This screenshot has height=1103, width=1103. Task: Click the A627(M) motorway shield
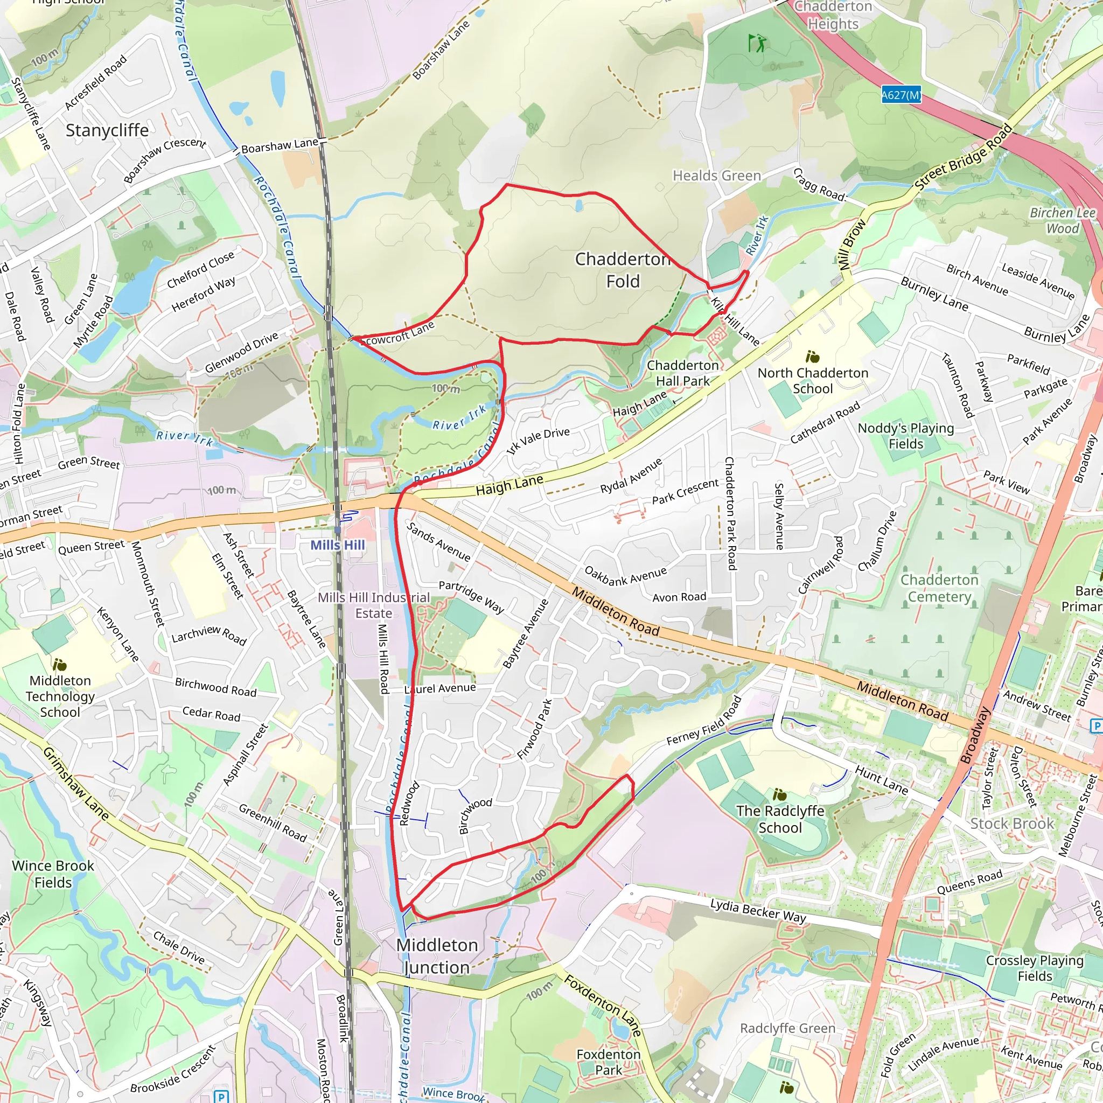[x=901, y=95]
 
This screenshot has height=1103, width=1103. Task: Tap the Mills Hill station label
[x=337, y=545]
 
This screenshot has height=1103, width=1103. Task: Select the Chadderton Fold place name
[x=623, y=270]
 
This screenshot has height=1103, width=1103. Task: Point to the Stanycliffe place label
[x=107, y=130]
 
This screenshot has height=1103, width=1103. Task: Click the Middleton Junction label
[x=437, y=957]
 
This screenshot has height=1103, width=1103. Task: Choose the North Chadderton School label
[x=812, y=381]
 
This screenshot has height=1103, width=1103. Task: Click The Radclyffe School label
[x=780, y=819]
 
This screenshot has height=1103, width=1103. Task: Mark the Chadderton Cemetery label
[x=939, y=588]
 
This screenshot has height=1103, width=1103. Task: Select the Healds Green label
[x=716, y=176]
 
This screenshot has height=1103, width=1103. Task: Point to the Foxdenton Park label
[x=609, y=1063]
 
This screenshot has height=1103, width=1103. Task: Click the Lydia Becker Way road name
[x=758, y=910]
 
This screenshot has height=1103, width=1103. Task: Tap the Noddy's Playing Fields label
[x=905, y=436]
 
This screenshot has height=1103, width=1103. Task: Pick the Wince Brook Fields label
[x=53, y=874]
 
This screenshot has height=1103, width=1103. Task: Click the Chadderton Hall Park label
[x=682, y=373]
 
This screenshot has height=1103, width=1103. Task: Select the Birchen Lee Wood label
[x=1062, y=220]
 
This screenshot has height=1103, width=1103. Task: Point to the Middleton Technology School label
[x=60, y=696]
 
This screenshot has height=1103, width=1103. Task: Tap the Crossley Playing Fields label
[x=1035, y=968]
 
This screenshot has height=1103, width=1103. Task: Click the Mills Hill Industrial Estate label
[x=373, y=605]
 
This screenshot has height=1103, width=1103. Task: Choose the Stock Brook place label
[x=1011, y=823]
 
